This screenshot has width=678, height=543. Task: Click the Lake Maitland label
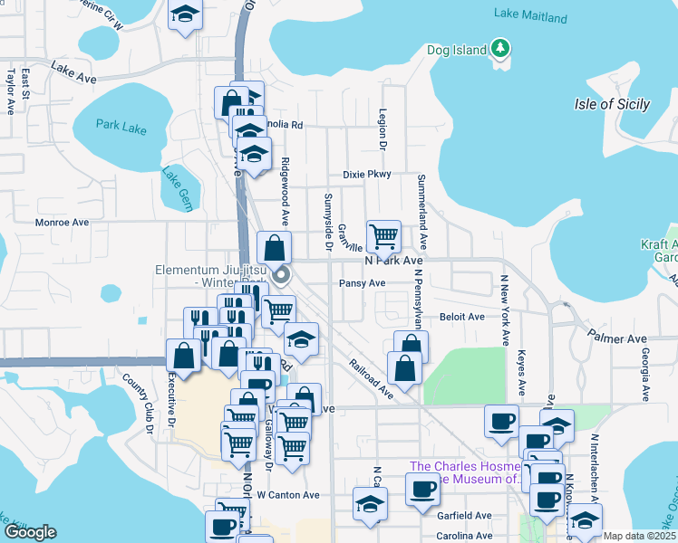[530, 16]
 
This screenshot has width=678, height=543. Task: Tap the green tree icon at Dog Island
[499, 48]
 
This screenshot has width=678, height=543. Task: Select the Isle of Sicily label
[612, 104]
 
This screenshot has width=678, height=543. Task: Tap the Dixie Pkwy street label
[366, 175]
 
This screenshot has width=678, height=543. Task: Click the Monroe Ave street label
[62, 222]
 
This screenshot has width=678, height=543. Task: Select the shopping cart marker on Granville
[383, 236]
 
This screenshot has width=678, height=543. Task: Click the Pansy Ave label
[362, 283]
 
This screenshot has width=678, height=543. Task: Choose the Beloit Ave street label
[462, 317]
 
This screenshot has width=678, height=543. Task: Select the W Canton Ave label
[288, 495]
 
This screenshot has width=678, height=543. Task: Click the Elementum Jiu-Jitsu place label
[212, 276]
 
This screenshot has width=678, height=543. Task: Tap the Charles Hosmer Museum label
[465, 472]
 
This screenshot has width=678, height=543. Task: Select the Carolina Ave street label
[461, 536]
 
